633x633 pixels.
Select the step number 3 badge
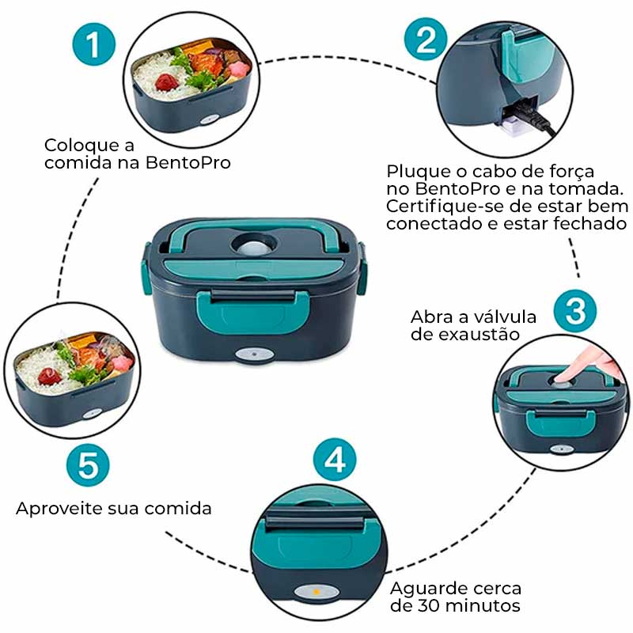click(575, 312)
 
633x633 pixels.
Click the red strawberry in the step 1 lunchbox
click(166, 81)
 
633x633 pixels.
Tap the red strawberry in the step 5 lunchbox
click(49, 374)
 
